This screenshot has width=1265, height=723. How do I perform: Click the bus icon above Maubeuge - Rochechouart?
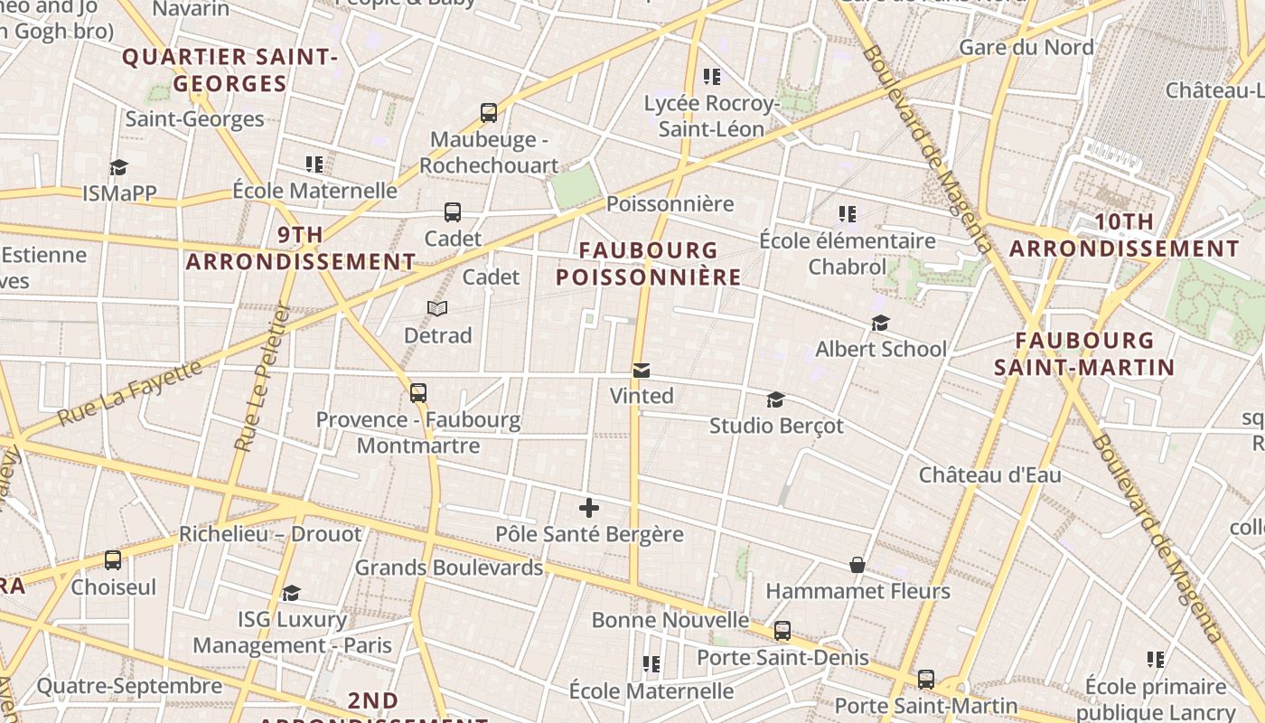(x=489, y=113)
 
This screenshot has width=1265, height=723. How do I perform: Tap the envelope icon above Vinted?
(x=642, y=370)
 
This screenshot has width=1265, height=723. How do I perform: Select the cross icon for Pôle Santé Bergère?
(x=589, y=508)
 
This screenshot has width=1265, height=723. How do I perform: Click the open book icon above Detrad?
(x=437, y=309)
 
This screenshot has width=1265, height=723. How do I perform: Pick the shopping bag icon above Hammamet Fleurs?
(x=857, y=565)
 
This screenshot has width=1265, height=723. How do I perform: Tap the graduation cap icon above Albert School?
(x=880, y=323)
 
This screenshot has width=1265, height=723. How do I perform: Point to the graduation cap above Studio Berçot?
(x=775, y=399)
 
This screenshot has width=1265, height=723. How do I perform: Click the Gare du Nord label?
(x=1026, y=47)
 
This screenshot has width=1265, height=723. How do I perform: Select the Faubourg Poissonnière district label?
(x=648, y=263)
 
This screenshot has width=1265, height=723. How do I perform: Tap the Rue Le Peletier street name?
(x=260, y=376)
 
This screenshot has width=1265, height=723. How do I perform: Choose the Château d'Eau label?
(x=989, y=474)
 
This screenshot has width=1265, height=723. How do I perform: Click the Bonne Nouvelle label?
(x=670, y=620)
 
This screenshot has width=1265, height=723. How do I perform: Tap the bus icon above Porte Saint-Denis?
(x=782, y=631)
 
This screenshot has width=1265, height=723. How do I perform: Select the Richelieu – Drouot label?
(x=270, y=534)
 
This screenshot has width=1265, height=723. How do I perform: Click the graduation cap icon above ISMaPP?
(x=118, y=167)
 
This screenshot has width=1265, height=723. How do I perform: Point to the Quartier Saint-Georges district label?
(x=230, y=70)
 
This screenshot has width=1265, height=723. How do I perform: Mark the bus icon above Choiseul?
(x=113, y=560)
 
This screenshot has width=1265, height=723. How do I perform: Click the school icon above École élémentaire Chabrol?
(x=847, y=214)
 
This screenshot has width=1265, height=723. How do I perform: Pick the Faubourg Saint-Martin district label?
(x=1084, y=353)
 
